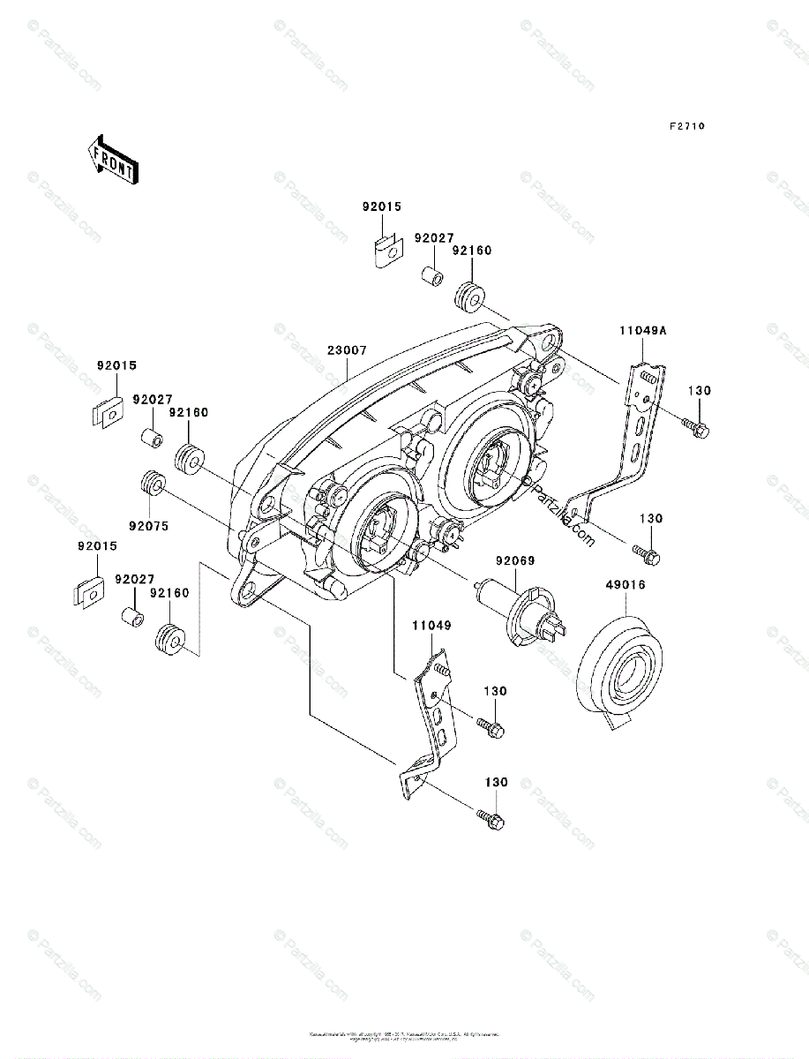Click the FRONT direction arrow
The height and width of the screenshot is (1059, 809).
click(110, 159)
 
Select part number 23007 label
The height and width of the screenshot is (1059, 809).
click(347, 349)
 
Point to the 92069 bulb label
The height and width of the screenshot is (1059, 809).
click(515, 560)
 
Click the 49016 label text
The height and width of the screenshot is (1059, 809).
click(625, 584)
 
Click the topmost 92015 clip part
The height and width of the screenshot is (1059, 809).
click(384, 252)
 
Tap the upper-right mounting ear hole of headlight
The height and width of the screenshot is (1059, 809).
click(549, 340)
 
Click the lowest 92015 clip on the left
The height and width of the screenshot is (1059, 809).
click(88, 592)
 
